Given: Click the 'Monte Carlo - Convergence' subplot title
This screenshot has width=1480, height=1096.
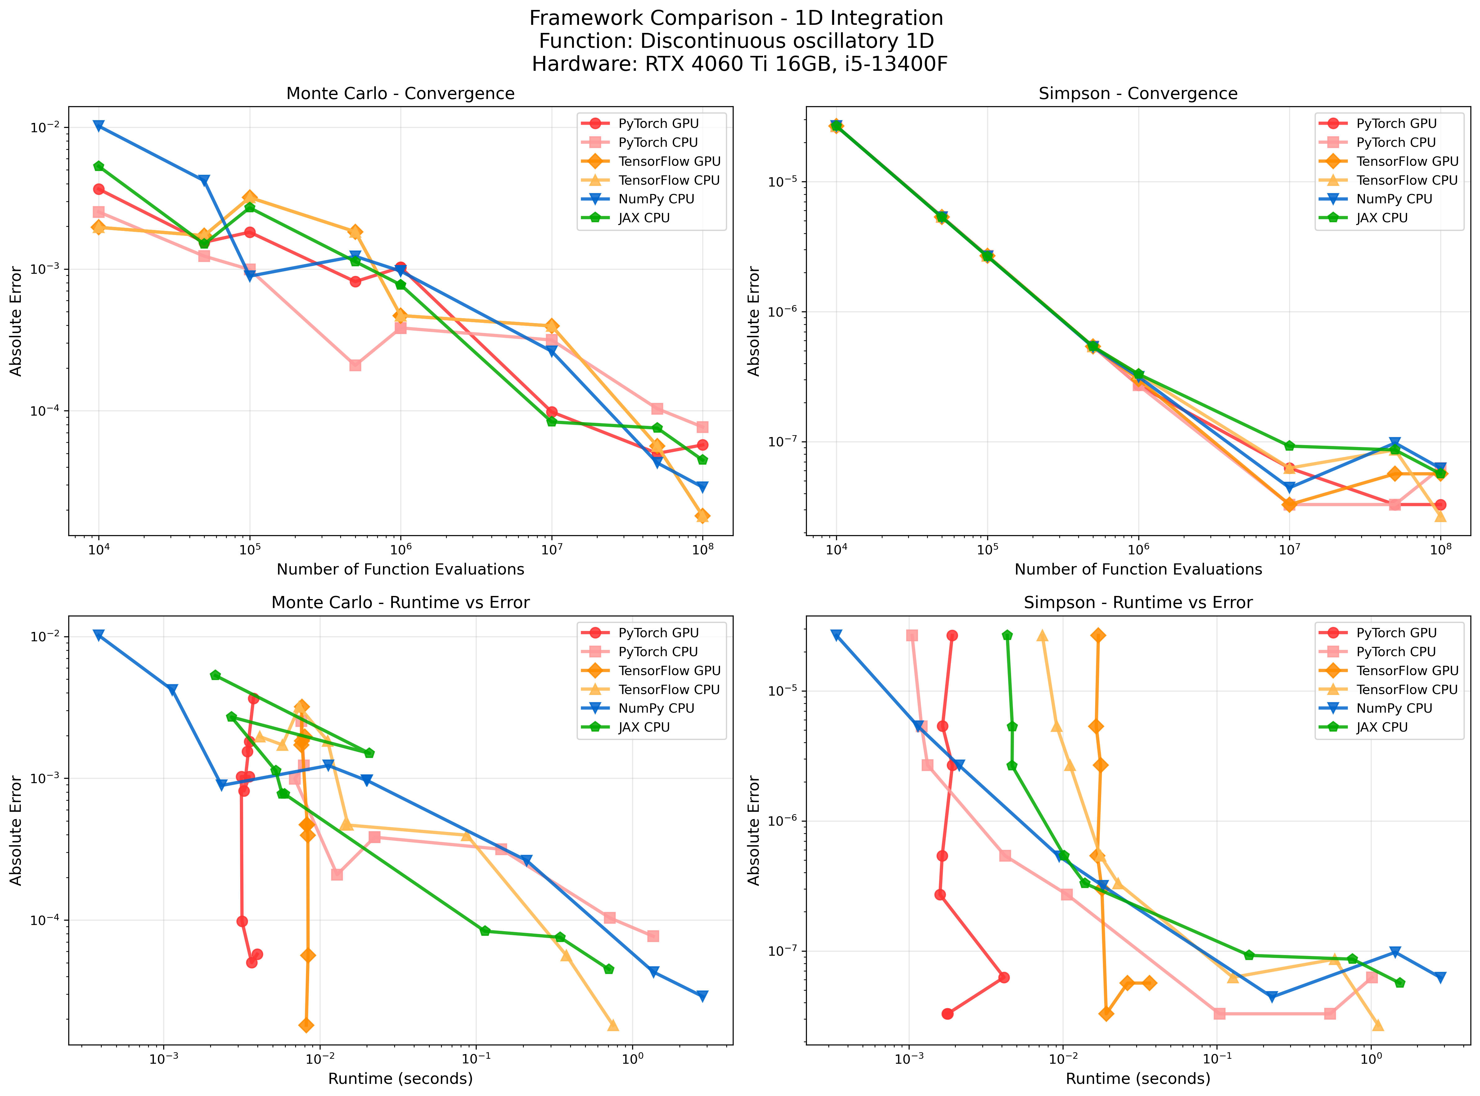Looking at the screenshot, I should point(400,93).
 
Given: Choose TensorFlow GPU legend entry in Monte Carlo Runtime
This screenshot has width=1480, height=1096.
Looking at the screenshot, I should point(669,671).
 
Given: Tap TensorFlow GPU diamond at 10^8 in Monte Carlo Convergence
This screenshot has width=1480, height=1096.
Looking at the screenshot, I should point(703,516).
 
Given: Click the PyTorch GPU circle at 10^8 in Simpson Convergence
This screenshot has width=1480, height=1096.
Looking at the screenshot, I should point(1440,505).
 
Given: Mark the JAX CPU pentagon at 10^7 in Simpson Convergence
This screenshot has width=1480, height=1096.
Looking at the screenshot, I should point(1289,446).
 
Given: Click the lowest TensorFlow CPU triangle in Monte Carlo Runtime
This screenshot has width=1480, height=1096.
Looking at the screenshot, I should point(613,1026).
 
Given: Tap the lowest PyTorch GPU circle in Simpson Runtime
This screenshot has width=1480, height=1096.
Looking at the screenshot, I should point(947,1014).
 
